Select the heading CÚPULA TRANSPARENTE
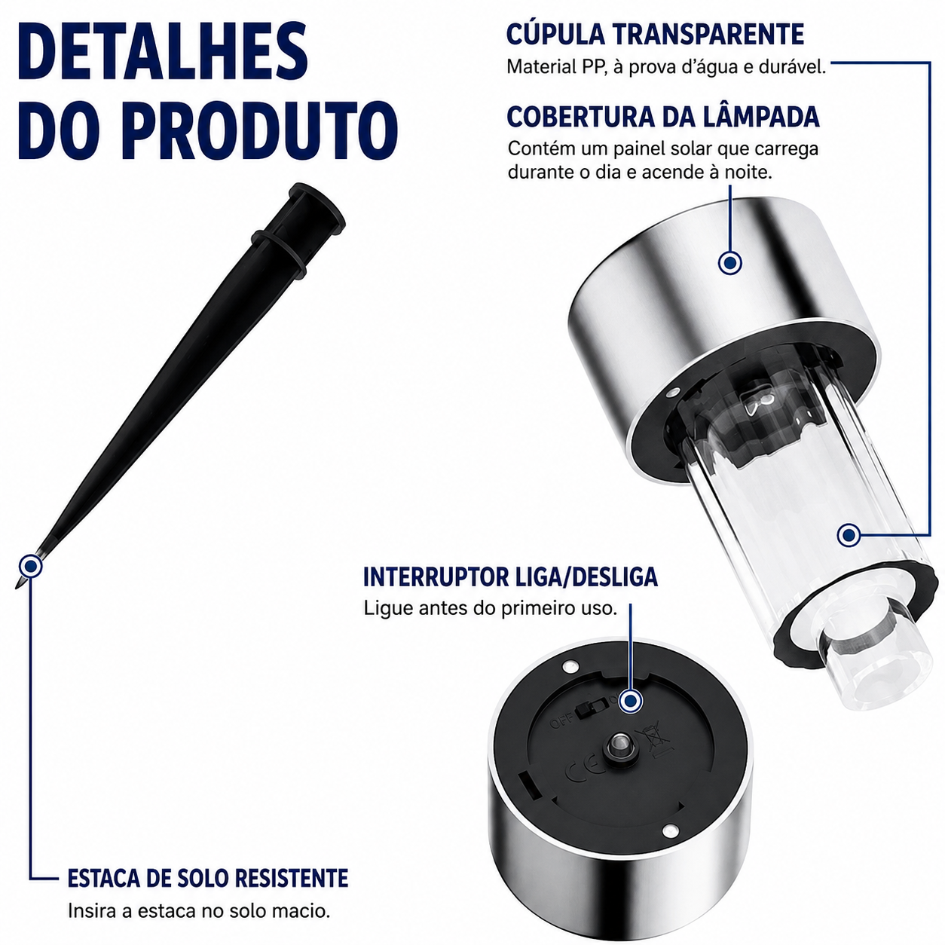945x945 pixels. click(x=655, y=35)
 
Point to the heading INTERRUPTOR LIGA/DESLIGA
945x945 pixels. click(x=510, y=577)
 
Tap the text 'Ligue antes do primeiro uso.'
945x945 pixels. click(x=490, y=608)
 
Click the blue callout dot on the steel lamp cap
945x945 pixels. click(x=729, y=262)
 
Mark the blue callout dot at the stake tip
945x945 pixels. click(x=30, y=566)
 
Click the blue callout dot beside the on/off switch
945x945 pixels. click(x=630, y=701)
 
